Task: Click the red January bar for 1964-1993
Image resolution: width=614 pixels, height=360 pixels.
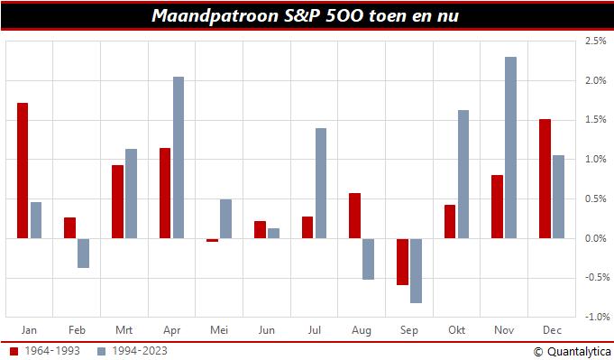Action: [x=23, y=171]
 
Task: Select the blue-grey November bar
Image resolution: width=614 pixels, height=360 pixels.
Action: [x=510, y=148]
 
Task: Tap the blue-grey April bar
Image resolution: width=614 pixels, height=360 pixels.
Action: [x=179, y=158]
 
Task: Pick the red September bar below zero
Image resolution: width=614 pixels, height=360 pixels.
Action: [x=402, y=262]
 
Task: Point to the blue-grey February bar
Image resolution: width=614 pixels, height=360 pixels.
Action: [x=83, y=254]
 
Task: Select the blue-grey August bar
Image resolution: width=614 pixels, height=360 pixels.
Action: [x=368, y=259]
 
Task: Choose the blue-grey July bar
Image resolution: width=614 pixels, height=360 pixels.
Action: [x=321, y=183]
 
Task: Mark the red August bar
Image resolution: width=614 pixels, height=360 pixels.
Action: [x=354, y=216]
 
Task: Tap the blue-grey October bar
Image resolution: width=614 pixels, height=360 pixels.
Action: [x=463, y=174]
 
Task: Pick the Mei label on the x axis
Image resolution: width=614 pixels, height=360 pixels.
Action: [x=218, y=329]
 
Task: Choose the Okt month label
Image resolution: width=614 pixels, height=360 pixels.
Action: [x=456, y=329]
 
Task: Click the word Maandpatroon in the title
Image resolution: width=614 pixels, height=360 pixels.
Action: [x=202, y=15]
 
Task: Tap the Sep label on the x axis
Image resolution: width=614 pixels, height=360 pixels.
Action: [x=408, y=329]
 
